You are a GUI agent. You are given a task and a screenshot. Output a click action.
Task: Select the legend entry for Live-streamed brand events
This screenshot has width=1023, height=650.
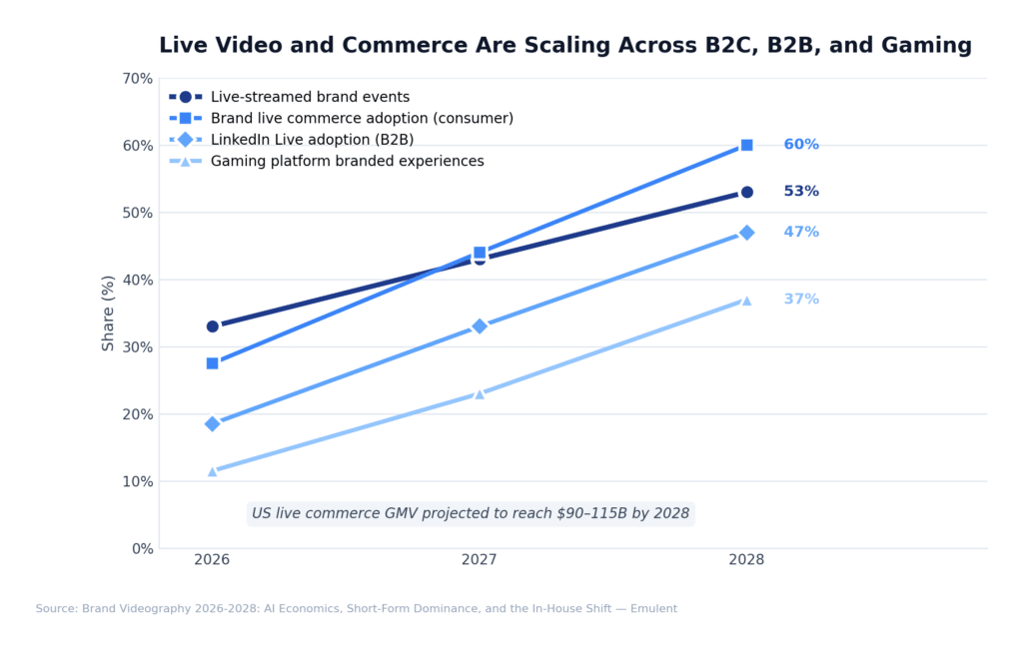tap(310, 97)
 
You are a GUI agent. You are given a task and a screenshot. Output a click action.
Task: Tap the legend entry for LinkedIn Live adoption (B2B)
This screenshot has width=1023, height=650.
tap(312, 140)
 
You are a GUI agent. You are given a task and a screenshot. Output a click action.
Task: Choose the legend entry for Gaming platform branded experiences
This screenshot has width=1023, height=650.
tap(347, 161)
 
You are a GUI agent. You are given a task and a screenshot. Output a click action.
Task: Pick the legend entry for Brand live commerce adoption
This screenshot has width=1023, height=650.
tap(362, 118)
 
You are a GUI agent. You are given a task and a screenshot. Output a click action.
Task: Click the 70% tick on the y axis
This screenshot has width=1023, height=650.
tap(136, 78)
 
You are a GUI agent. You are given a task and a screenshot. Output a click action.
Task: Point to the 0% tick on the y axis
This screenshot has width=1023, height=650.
tap(140, 548)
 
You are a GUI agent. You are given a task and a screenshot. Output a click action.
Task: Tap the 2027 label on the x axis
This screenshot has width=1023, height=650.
tap(480, 560)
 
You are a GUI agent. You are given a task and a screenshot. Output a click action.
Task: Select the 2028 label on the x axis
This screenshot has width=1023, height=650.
tap(746, 560)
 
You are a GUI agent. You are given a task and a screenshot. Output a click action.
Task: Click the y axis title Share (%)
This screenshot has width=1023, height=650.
tap(109, 313)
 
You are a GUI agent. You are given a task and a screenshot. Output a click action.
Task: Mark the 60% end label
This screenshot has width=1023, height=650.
tap(801, 145)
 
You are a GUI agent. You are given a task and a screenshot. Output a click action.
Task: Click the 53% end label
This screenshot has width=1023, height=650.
tap(801, 192)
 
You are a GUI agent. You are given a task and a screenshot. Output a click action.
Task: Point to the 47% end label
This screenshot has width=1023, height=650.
tap(801, 233)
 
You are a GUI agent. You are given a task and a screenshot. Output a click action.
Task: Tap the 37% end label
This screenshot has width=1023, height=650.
tap(801, 300)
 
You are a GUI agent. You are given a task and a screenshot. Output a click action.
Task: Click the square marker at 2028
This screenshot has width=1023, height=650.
tap(746, 145)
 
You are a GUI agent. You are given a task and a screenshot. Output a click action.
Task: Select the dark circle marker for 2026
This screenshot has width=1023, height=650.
tap(213, 326)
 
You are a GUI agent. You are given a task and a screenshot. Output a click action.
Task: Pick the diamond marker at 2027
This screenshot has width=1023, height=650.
tap(480, 326)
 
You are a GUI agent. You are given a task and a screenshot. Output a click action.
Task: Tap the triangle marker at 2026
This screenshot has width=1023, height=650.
tap(213, 470)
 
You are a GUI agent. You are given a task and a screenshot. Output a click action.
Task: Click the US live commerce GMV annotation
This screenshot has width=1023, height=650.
tap(471, 513)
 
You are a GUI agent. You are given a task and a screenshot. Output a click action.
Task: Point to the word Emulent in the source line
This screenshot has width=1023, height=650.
tap(652, 609)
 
